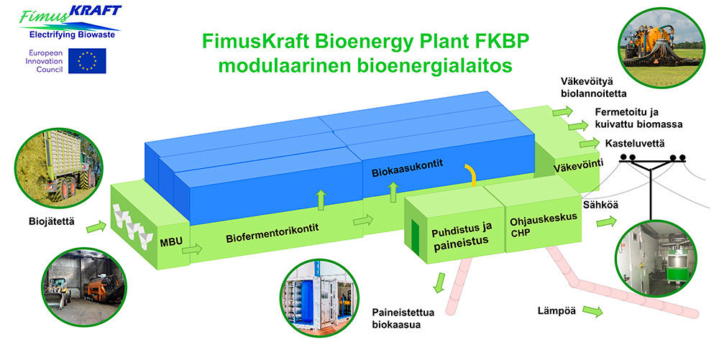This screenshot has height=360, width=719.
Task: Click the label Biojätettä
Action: tap(41, 216)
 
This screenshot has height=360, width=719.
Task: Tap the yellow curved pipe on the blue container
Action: tap(472, 172)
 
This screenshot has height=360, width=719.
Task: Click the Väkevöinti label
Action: tap(577, 168)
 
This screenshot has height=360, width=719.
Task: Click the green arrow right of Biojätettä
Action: tap(93, 229)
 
